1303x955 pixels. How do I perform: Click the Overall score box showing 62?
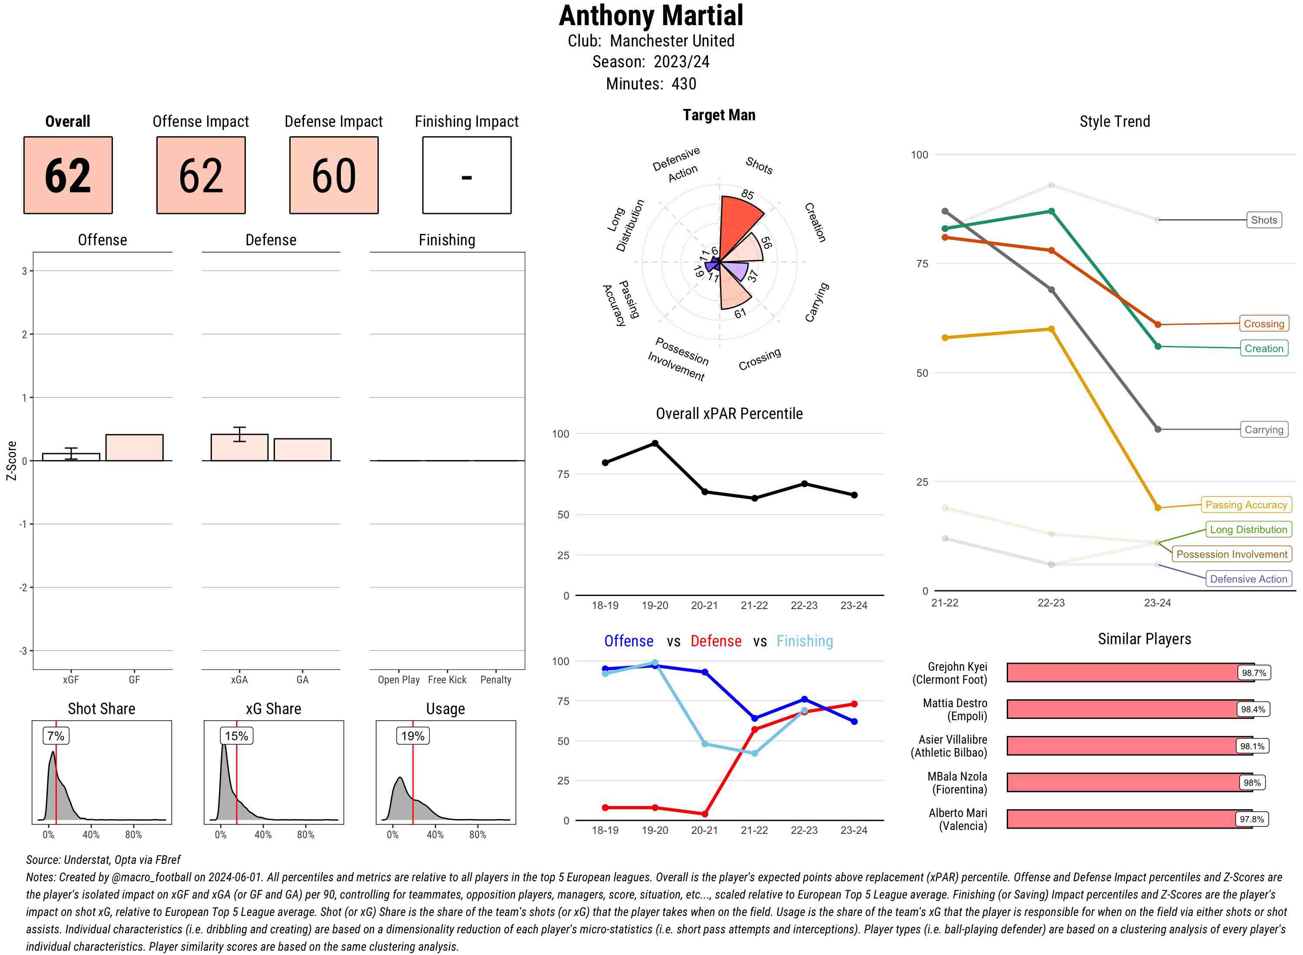tap(68, 175)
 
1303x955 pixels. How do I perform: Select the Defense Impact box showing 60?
tap(334, 175)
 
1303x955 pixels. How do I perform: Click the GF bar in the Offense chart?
tap(134, 448)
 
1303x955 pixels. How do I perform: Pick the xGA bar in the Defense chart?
tap(239, 448)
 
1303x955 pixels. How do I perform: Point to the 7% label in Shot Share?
tap(56, 736)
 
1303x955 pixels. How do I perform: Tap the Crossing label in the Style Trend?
tap(1263, 324)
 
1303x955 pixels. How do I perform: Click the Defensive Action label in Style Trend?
tap(1248, 579)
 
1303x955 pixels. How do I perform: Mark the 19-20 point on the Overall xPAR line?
tap(655, 443)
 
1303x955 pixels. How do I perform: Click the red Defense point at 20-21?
tap(704, 814)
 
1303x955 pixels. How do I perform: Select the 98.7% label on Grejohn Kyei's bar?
tap(1253, 673)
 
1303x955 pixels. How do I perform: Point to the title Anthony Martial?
tap(651, 16)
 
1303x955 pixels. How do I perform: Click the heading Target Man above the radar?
tap(719, 115)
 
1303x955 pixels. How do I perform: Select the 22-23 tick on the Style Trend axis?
tap(1051, 603)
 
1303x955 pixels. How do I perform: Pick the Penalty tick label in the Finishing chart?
tap(496, 680)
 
